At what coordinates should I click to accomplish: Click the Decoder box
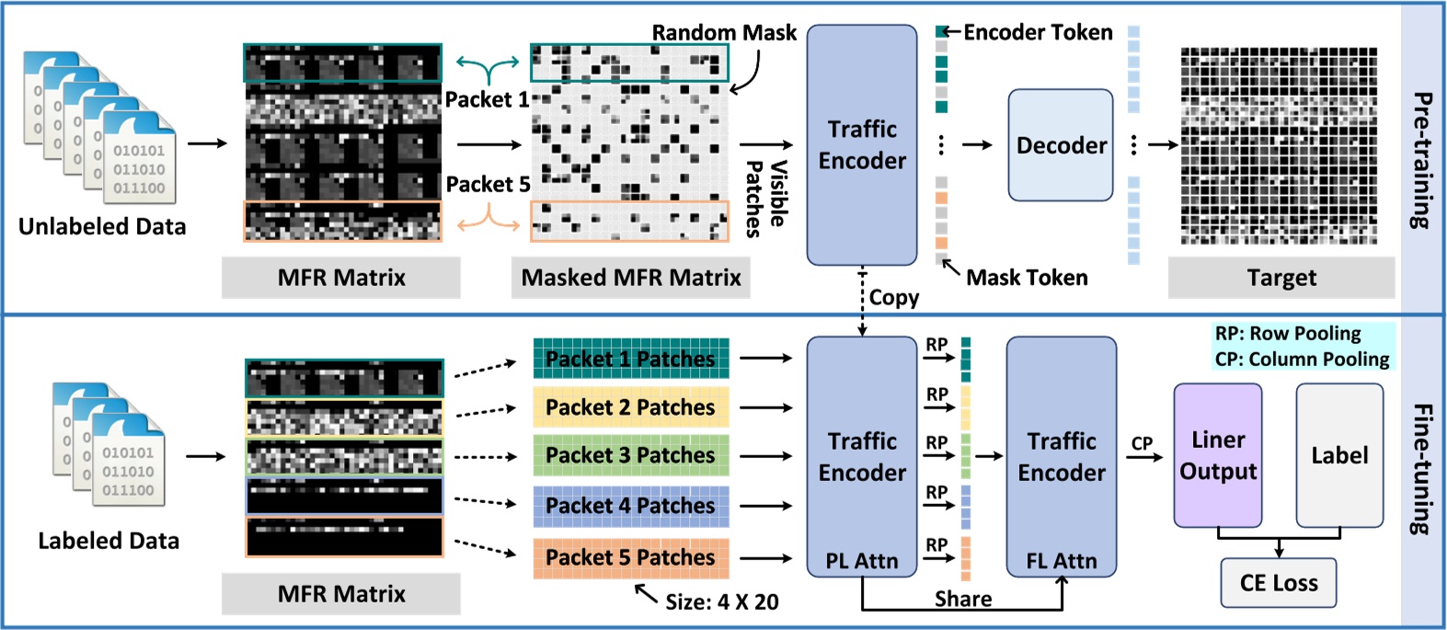pos(1061,145)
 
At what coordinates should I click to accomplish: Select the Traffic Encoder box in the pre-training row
pos(862,145)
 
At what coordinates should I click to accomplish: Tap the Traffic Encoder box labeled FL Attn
pos(1061,457)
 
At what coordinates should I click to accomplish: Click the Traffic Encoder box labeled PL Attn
pos(862,457)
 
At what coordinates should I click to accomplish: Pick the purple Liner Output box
pos(1218,455)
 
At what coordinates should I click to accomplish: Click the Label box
pos(1339,455)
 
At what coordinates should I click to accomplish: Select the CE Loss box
pos(1279,583)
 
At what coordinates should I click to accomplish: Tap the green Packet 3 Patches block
pos(631,455)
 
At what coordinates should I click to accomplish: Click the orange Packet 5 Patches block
pos(631,557)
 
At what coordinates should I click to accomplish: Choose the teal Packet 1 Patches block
pos(631,359)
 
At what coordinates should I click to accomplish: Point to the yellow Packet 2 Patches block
pos(631,407)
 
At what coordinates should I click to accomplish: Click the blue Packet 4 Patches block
pos(631,506)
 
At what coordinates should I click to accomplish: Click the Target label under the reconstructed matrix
pos(1281,278)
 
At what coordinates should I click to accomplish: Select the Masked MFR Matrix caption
pos(631,278)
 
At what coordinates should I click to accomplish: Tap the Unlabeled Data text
pos(102,226)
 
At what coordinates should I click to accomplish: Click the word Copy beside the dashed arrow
pos(894,298)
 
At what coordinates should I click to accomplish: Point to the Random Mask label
pos(724,33)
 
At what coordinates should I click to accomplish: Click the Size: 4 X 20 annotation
pos(722,602)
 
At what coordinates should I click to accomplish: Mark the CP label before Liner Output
pos(1142,443)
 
